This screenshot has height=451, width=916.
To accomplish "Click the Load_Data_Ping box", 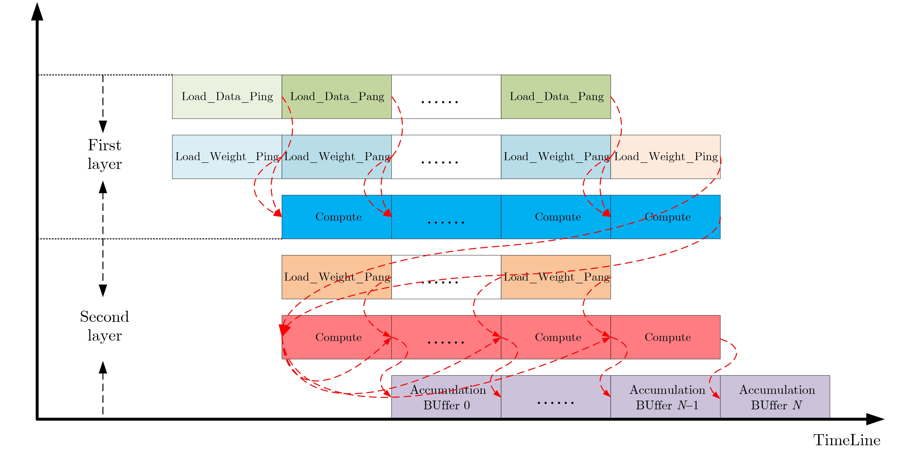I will pos(227,96).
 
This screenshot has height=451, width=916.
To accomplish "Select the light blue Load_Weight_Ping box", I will pos(227,157).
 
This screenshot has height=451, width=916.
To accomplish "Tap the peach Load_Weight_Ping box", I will pos(665,157).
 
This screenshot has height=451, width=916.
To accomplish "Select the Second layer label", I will pos(104,326).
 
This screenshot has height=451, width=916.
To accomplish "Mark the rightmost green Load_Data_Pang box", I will pos(556,96).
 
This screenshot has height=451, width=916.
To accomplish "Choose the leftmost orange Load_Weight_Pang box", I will pos(336,277).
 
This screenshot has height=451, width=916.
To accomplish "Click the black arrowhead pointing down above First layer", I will pos(103,126).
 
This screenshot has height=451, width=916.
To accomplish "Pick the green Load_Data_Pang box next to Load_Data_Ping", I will pos(336,96).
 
